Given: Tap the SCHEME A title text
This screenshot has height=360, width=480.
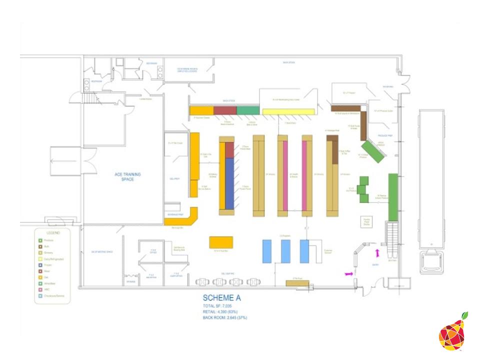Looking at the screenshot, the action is coord(221,298).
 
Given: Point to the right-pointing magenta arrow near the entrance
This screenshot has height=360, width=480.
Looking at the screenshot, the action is coord(349,273).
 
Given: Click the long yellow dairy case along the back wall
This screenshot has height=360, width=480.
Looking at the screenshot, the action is coord(289,111).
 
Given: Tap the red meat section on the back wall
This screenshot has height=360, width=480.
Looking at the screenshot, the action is coord(225,110).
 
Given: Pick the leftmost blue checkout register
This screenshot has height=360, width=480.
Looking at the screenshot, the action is coord(267,251).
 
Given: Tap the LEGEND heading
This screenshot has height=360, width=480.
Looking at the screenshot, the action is coord(53,233).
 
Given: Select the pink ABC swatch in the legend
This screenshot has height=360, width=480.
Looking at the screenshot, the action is coord(40,289).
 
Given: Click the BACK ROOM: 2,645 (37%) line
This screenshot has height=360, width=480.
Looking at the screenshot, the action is coord(225,317).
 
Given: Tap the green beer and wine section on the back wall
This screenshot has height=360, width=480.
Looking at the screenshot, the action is coord(248,110).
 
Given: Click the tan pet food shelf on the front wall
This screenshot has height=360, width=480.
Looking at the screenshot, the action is coord(297,283).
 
